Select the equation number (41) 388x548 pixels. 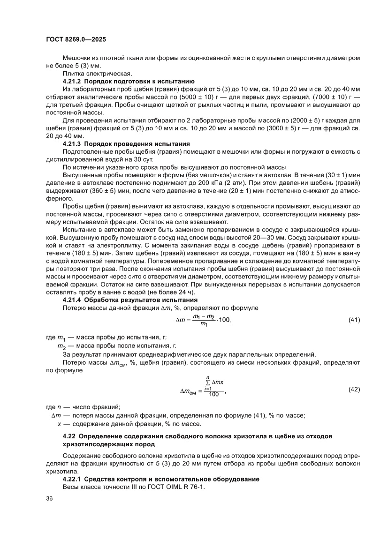click(354, 320)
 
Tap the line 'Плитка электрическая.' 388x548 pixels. click(92, 74)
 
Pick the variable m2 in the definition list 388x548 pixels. click(61, 346)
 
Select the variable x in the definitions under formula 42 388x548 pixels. click(59, 424)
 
